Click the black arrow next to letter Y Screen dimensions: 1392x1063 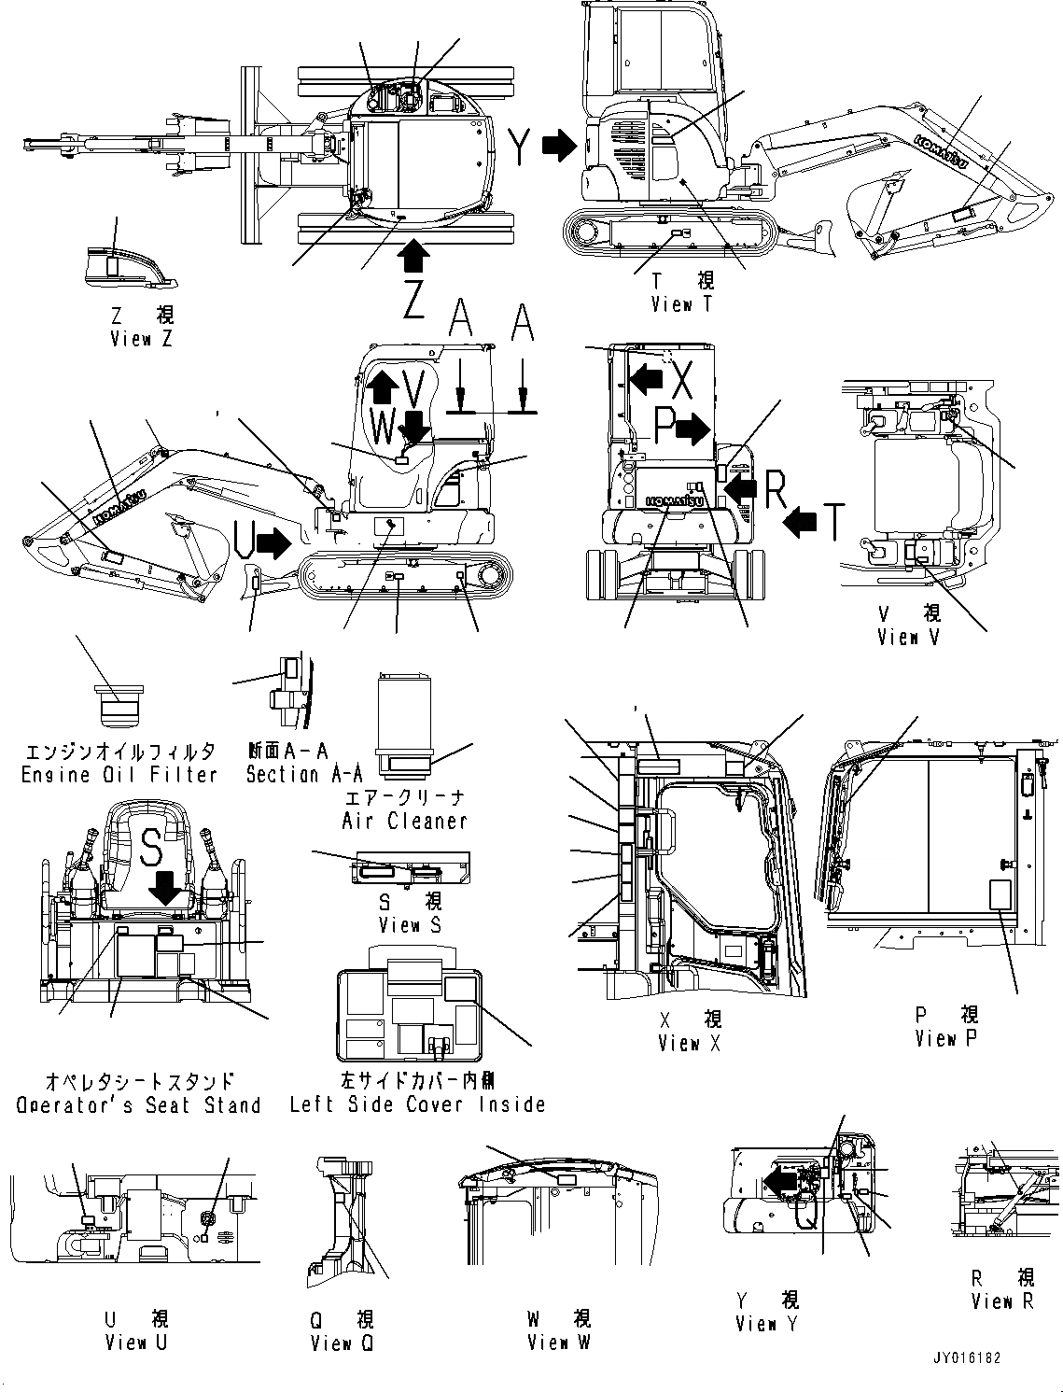560,145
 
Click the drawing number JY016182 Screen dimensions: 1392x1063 965,1357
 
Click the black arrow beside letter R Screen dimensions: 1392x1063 742,486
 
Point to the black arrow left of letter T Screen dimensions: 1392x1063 800,523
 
